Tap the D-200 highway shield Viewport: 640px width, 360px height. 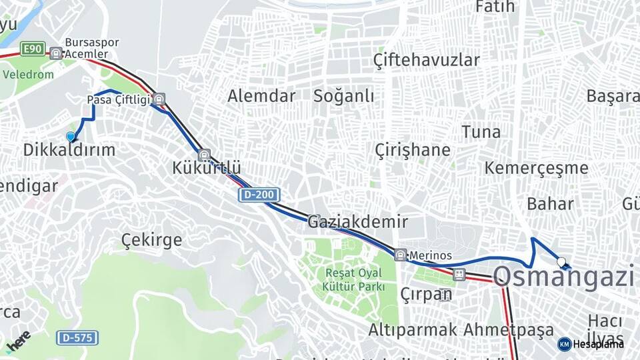click(x=259, y=195)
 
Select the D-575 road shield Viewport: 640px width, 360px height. click(x=77, y=337)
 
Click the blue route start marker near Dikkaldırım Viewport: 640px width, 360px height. click(x=71, y=137)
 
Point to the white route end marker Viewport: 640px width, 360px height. click(x=561, y=262)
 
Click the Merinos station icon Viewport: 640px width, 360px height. click(x=400, y=255)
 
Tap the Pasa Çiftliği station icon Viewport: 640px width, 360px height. click(x=159, y=100)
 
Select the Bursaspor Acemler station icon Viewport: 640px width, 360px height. click(x=56, y=53)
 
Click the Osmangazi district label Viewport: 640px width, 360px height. click(x=563, y=276)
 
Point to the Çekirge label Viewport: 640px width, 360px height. click(x=151, y=240)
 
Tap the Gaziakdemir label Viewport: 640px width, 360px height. click(x=357, y=222)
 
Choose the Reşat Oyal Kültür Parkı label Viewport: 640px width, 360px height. click(x=353, y=279)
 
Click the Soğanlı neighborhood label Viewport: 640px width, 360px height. click(x=344, y=96)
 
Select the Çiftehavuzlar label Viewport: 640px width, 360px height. click(x=426, y=60)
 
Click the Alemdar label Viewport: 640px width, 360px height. click(x=261, y=96)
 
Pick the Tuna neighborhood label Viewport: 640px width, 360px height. click(x=481, y=132)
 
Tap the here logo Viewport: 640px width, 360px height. click(x=19, y=341)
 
